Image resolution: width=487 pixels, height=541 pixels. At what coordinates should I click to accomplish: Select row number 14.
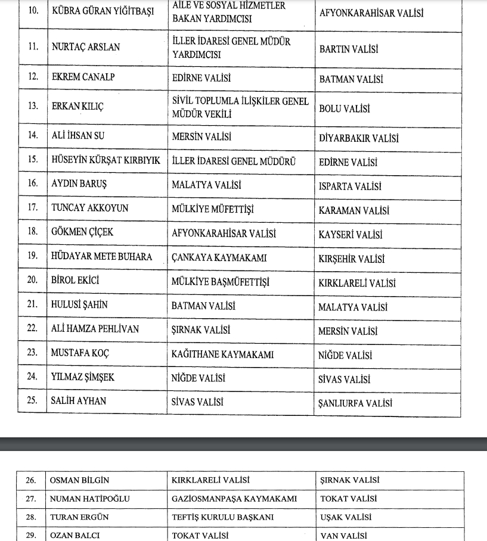coord(33,135)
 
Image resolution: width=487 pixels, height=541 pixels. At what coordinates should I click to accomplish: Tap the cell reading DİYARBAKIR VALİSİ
coord(358,138)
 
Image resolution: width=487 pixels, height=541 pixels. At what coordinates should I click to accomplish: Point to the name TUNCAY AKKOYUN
coord(89,208)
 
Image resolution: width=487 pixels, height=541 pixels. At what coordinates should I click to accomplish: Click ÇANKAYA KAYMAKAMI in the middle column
coord(219,258)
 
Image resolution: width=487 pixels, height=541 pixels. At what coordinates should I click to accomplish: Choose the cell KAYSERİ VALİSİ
coord(350,235)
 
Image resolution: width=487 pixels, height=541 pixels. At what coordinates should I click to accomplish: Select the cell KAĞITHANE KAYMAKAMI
coord(222,354)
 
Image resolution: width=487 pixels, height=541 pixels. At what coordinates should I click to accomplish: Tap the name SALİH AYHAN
coord(79,400)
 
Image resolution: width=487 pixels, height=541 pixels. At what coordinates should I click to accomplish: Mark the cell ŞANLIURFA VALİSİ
coord(356,403)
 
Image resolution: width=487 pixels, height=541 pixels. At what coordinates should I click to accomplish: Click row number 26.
coord(30,480)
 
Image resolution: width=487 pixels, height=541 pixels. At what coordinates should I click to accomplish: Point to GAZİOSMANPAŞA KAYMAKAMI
coord(234,499)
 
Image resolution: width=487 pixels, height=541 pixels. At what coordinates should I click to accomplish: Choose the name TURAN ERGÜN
coord(79,517)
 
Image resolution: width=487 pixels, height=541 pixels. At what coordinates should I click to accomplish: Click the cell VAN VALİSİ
coord(343,536)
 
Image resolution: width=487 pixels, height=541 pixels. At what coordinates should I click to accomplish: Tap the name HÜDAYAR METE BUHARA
coord(101,257)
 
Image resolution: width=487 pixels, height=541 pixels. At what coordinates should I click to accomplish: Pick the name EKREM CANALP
coord(83,77)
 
